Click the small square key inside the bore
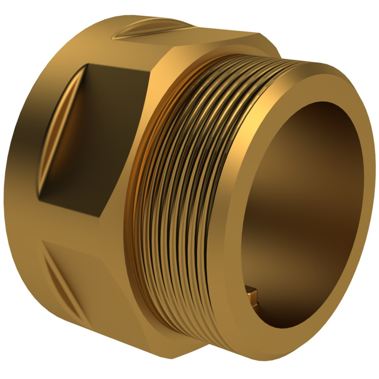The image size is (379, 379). tap(251, 295)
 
